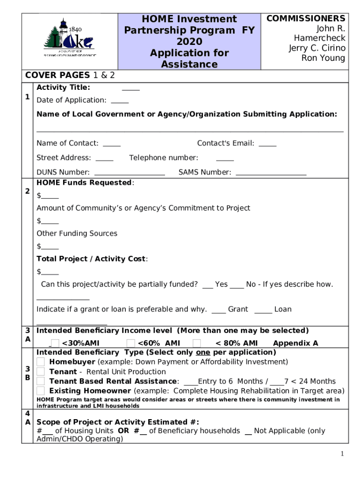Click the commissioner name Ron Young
coord(323,58)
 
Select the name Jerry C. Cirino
coord(317,48)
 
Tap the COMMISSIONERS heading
coord(306,18)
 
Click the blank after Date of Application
coord(120,101)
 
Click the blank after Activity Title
coord(130,88)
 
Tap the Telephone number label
coord(164,158)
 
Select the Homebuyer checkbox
coord(41,362)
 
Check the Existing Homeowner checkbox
coord(41,391)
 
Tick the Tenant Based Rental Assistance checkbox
coord(41,381)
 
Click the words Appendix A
coord(295,343)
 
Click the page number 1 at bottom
coord(343,454)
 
